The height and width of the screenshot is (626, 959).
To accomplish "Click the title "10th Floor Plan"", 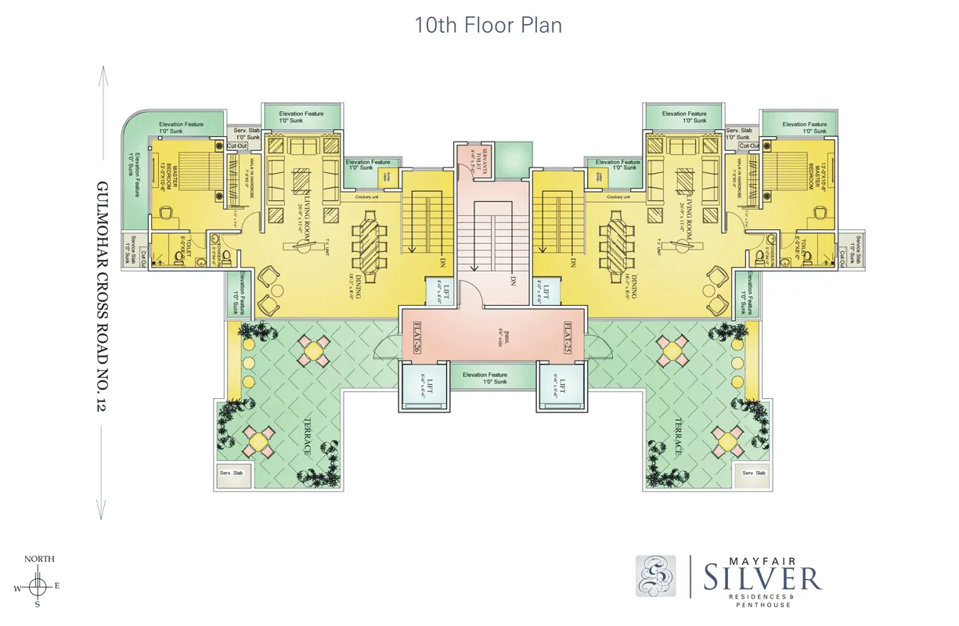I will pos(488,25).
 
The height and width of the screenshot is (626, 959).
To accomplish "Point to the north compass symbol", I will pos(38,585).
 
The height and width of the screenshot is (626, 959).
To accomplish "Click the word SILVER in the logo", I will pos(762,579).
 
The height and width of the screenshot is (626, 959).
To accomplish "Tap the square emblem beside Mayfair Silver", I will pos(656,576).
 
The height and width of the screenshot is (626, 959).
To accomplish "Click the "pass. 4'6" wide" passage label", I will pos(492,337).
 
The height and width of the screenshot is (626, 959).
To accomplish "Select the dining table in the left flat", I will pos(370,239).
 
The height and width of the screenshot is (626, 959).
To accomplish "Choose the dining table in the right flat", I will pos(616,239).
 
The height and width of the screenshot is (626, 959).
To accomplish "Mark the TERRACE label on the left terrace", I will pos(307,436).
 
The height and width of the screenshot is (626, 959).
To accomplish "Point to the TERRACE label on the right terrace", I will pos(679,436).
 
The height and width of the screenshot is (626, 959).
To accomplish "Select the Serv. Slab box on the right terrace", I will pos(754,473).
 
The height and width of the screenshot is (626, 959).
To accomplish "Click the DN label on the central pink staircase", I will pos(513,280).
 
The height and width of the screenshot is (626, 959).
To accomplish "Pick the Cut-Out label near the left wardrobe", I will pos(236,146).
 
